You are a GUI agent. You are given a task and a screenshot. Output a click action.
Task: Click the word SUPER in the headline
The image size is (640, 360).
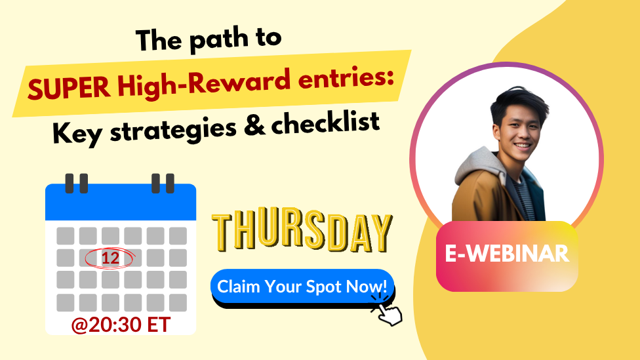point(69,88)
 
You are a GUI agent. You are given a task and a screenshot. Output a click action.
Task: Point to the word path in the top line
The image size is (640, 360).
point(219,39)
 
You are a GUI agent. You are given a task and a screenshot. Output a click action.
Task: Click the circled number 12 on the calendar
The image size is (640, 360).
point(110,258)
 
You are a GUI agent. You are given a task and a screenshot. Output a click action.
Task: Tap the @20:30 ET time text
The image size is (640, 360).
point(121,325)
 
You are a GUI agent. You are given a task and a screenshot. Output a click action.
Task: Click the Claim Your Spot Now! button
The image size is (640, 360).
point(302,287)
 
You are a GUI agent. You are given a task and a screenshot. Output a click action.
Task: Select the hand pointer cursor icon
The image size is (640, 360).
point(388,311)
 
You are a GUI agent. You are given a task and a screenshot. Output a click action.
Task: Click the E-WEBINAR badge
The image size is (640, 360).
point(507,256)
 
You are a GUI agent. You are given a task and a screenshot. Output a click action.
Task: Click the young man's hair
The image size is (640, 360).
point(518,102)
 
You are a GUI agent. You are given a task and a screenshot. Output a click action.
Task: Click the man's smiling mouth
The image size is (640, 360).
point(523,146)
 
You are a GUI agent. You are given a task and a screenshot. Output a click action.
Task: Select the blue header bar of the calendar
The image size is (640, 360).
point(121,202)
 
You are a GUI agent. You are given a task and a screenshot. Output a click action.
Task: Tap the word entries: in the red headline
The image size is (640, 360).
point(346,77)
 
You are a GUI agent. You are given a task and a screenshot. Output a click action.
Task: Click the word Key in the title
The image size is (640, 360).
point(77,133)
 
